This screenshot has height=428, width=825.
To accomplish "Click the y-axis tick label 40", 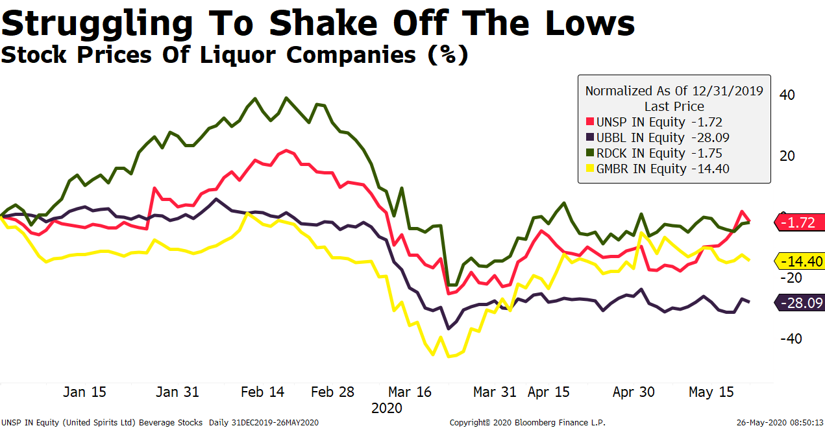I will (787, 95).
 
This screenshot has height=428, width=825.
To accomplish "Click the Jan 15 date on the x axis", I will (84, 392).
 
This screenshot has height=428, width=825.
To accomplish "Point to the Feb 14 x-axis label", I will (262, 392).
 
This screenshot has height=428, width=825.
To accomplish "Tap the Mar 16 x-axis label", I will (410, 392).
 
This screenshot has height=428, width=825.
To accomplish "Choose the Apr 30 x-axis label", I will (634, 392).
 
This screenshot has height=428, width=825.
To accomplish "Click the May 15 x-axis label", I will (710, 392).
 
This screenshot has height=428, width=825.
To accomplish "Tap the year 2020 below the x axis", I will (387, 409).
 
